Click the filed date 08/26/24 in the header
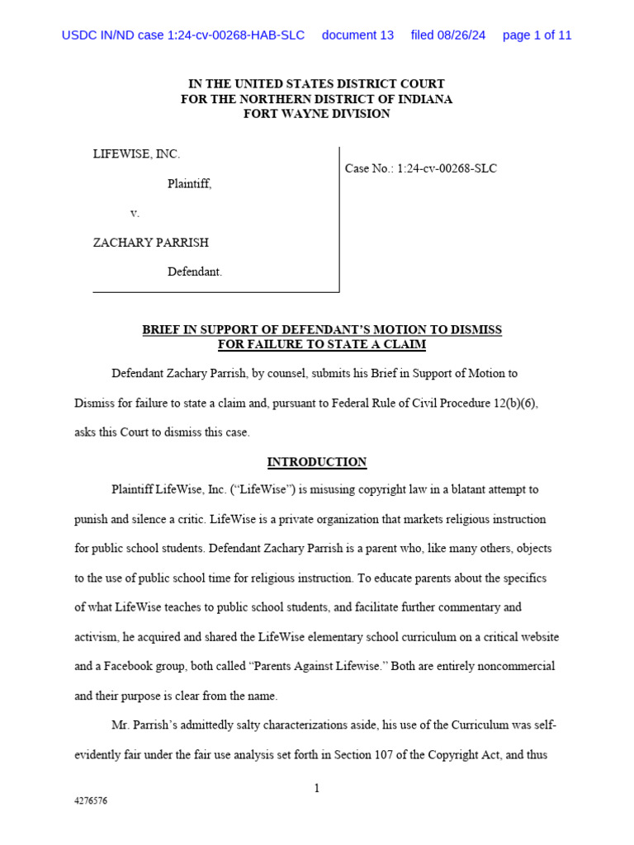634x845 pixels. click(x=448, y=35)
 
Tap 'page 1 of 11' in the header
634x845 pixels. click(x=537, y=35)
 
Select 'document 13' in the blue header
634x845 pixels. click(x=357, y=35)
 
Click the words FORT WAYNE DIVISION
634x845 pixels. click(x=316, y=114)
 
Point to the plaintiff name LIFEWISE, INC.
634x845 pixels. click(x=136, y=153)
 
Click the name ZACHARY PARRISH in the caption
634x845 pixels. click(x=150, y=243)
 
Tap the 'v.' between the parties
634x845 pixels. click(x=135, y=213)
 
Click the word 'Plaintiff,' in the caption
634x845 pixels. click(x=189, y=184)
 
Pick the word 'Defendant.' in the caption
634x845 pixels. click(x=195, y=271)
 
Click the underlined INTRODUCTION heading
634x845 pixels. click(x=316, y=462)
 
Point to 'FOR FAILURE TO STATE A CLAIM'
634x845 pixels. click(x=321, y=344)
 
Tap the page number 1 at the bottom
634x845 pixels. click(x=316, y=789)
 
